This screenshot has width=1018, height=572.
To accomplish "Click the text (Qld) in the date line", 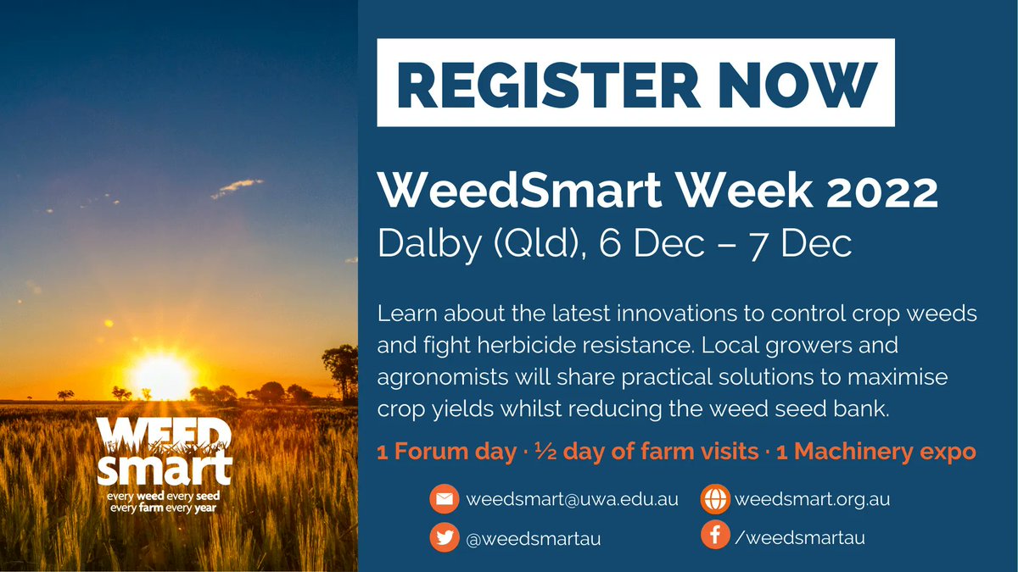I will (x=527, y=244).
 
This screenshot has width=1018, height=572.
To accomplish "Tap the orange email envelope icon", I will (x=443, y=500).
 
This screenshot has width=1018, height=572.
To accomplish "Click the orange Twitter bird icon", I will (x=443, y=538).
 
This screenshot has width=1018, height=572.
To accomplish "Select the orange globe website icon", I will (x=715, y=500).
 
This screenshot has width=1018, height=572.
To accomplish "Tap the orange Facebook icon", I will (x=715, y=536).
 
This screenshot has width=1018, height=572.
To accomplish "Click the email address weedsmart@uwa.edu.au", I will (x=572, y=500).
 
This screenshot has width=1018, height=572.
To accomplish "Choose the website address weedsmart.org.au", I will (x=812, y=500).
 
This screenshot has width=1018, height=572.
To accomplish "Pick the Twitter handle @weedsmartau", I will (x=534, y=539).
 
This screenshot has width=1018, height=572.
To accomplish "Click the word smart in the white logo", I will (x=165, y=468).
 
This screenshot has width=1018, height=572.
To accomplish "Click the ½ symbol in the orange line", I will (x=540, y=452).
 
